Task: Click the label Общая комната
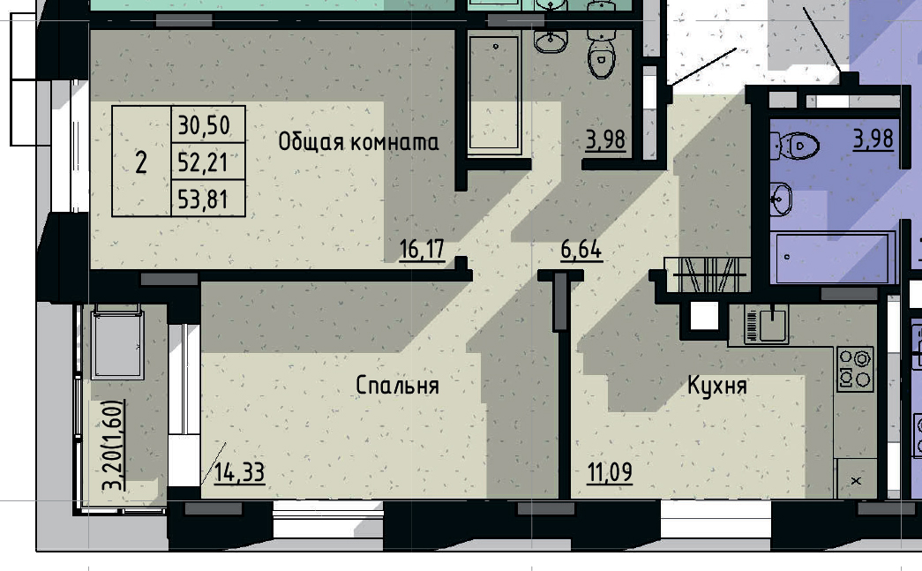(358, 142)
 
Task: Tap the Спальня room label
(397, 386)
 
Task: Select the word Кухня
(717, 386)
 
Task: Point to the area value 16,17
(422, 250)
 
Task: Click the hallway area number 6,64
(581, 250)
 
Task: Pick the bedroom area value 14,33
(239, 473)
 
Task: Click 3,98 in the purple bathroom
(873, 139)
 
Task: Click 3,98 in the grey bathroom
(606, 139)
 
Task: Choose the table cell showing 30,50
(204, 125)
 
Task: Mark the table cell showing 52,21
(204, 162)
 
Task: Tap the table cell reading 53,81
(204, 200)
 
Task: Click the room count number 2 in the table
(141, 162)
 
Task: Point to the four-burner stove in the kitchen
(854, 369)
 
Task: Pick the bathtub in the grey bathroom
(495, 94)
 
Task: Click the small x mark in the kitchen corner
(855, 481)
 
